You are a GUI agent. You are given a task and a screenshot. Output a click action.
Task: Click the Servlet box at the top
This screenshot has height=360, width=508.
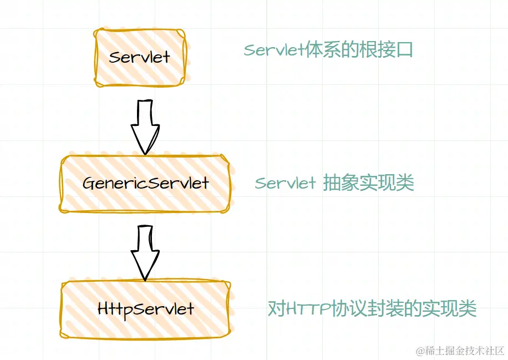(x=140, y=57)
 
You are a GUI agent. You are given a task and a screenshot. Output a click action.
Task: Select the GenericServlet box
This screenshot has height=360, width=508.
(x=145, y=183)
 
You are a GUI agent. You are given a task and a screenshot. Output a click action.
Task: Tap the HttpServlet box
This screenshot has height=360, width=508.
(x=145, y=308)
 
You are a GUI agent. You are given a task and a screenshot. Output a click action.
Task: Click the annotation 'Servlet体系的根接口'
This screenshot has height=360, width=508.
(x=328, y=50)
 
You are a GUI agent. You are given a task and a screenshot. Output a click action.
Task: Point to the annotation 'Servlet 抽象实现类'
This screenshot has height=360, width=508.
(x=334, y=183)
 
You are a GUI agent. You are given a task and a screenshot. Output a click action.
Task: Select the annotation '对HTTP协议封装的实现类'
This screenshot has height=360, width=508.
(x=372, y=308)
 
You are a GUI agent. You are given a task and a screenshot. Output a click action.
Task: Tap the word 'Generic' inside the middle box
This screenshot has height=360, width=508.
(x=110, y=183)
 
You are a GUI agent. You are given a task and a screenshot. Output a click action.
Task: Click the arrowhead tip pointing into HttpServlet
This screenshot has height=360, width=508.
(x=146, y=278)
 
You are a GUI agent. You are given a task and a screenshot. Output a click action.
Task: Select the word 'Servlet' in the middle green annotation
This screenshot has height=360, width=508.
(x=285, y=183)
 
